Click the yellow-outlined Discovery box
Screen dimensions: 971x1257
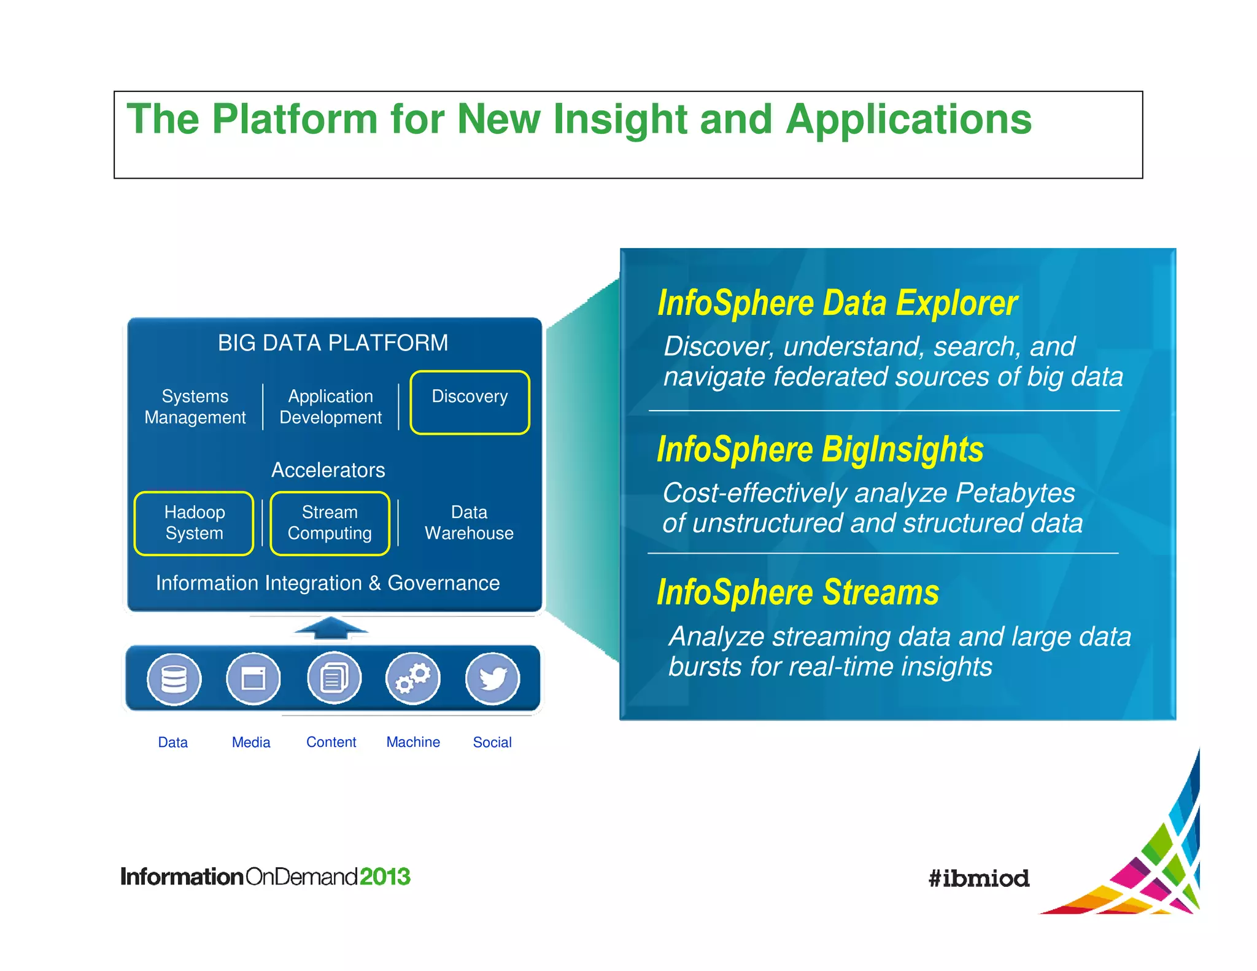[x=470, y=402]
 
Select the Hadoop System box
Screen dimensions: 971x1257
[x=194, y=523]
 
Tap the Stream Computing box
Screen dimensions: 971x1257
[x=330, y=523]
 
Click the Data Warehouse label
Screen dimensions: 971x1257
[x=469, y=523]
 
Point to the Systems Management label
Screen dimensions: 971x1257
[x=195, y=407]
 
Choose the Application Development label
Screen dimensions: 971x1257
[x=330, y=407]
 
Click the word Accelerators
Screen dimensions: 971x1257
[x=328, y=470]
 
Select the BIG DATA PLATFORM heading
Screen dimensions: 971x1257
[x=333, y=343]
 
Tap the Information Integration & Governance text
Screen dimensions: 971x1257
[x=328, y=583]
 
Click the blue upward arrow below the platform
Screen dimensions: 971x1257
[x=331, y=628]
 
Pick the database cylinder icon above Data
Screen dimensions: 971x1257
[x=174, y=679]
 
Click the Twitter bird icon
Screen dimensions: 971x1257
[x=493, y=679]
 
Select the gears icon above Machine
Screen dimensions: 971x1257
[x=412, y=679]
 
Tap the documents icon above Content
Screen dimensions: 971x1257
[x=334, y=679]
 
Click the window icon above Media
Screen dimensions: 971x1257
[x=253, y=679]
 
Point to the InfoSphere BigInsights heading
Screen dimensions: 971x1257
[x=820, y=449]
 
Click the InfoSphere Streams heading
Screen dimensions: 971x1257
[x=798, y=593]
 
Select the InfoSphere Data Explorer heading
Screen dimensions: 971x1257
[x=837, y=303]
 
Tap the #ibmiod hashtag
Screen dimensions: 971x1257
[x=978, y=878]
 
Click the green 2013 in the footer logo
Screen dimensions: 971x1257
[x=385, y=876]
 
